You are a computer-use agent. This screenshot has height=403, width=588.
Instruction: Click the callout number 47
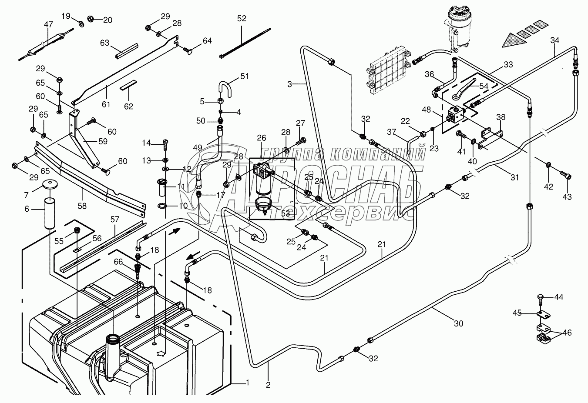click(48, 25)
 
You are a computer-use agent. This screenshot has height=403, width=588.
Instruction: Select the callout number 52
click(242, 18)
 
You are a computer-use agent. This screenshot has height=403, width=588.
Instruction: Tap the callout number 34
click(554, 40)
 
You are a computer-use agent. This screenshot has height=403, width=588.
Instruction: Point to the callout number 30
click(458, 323)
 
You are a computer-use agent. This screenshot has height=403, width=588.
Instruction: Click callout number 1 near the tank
click(248, 383)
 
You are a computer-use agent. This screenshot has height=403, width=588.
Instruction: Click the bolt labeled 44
click(539, 300)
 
